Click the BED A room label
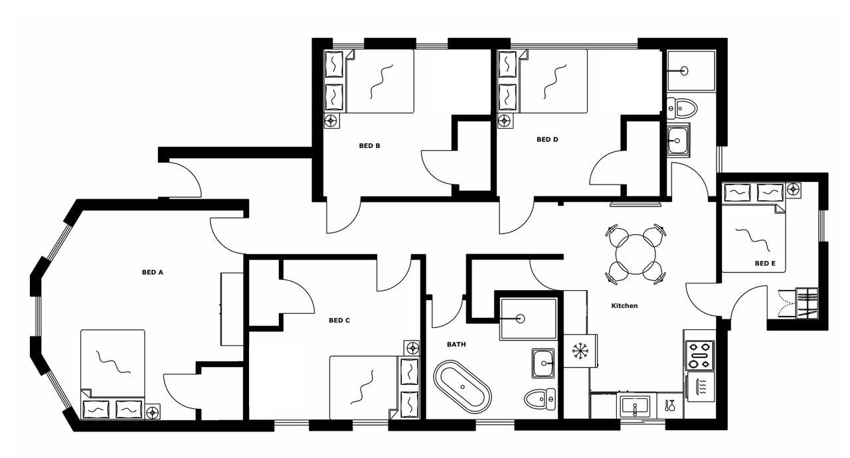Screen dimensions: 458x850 pyautogui.click(x=152, y=272)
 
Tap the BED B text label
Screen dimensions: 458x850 pyautogui.click(x=369, y=146)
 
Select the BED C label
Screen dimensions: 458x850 pyautogui.click(x=339, y=321)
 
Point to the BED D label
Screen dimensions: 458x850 pyautogui.click(x=547, y=139)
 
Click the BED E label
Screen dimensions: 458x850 pyautogui.click(x=765, y=264)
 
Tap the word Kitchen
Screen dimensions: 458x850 pyautogui.click(x=624, y=306)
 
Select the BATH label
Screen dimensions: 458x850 pyautogui.click(x=456, y=344)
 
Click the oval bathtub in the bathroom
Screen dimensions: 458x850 pyautogui.click(x=462, y=386)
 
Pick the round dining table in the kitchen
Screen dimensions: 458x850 pyautogui.click(x=636, y=254)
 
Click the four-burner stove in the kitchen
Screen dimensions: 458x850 pyautogui.click(x=699, y=355)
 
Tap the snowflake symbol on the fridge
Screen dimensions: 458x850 pyautogui.click(x=580, y=351)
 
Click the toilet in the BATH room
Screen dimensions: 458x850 pyautogui.click(x=540, y=398)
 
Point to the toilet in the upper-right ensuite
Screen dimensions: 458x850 pyautogui.click(x=683, y=108)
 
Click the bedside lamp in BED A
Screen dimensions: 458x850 pyautogui.click(x=153, y=412)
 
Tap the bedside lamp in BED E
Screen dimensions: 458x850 pyautogui.click(x=794, y=189)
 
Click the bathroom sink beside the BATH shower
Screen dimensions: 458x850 pyautogui.click(x=543, y=363)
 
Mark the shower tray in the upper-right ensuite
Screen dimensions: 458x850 pyautogui.click(x=691, y=70)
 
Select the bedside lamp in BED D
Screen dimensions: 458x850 pyautogui.click(x=505, y=121)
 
